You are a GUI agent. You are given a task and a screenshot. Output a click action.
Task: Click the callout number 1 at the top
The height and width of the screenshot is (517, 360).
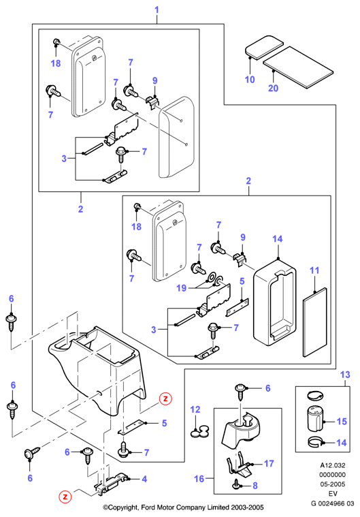pos(157,10)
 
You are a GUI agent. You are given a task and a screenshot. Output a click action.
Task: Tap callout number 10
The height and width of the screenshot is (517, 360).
pos(250,80)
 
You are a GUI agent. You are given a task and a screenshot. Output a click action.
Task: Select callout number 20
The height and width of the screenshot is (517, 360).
pos(273,88)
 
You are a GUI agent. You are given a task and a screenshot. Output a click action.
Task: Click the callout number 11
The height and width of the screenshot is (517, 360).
pos(314,270)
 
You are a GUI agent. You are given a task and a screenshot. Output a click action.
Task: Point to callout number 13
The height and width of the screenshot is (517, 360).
pos(345,375)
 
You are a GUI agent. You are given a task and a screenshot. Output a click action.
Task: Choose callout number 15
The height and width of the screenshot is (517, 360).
pos(342,422)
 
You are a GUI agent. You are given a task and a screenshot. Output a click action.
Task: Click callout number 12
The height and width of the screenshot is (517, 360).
pos(195,409)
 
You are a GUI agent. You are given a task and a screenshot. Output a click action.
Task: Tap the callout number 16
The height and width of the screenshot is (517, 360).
pos(199,478)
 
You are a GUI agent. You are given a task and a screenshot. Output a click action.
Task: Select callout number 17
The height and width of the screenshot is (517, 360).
pos(269,464)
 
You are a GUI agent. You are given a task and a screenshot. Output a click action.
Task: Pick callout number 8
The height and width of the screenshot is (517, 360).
pos(255,486)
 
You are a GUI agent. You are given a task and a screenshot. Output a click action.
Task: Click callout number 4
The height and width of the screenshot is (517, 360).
pos(144,479)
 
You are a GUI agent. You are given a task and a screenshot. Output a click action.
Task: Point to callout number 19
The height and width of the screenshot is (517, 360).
pos(182,288)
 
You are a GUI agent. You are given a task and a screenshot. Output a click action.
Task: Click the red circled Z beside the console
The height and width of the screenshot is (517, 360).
pos(165,398)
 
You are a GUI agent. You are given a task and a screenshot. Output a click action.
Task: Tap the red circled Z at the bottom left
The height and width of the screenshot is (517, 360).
pos(65,497)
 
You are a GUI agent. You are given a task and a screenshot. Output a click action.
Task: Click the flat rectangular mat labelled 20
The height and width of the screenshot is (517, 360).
pos(298,67)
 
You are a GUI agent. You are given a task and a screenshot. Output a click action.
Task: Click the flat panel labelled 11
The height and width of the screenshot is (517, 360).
pos(315,322)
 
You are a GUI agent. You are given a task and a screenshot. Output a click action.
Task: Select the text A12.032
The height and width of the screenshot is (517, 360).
pos(333,465)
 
